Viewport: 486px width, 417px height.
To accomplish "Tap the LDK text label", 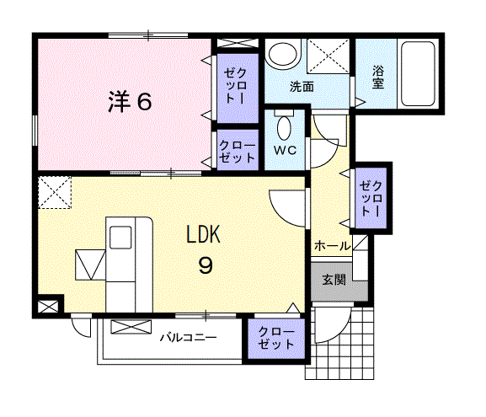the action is tap(203, 234).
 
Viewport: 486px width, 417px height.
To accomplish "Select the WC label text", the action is tap(286, 150).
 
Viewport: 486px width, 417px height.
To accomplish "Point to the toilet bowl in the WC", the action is tap(284, 128).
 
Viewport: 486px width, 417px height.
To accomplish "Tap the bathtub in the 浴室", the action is tap(418, 74).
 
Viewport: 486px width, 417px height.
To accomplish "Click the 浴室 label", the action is tap(378, 78).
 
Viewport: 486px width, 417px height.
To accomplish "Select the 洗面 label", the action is tap(302, 87).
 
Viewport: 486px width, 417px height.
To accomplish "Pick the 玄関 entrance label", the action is tap(334, 280).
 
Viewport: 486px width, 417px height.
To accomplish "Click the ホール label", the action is tap(332, 246).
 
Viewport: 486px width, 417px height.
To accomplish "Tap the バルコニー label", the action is tap(188, 337).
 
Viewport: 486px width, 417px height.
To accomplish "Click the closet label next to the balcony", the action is tap(276, 338).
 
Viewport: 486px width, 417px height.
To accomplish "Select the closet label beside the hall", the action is tap(371, 199).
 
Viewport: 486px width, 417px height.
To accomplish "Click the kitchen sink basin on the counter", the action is tap(120, 238).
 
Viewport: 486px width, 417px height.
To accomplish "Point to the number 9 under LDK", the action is tap(206, 266).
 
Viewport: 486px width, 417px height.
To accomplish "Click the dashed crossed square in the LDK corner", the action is tap(55, 192).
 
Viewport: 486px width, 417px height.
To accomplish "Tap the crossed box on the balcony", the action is tap(131, 327).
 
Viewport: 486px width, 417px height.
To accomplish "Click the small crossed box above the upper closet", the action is tap(238, 43).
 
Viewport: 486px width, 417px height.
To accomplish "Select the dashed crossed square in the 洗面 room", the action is tap(328, 56).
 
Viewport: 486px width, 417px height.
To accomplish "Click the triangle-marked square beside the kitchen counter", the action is tap(90, 265).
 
